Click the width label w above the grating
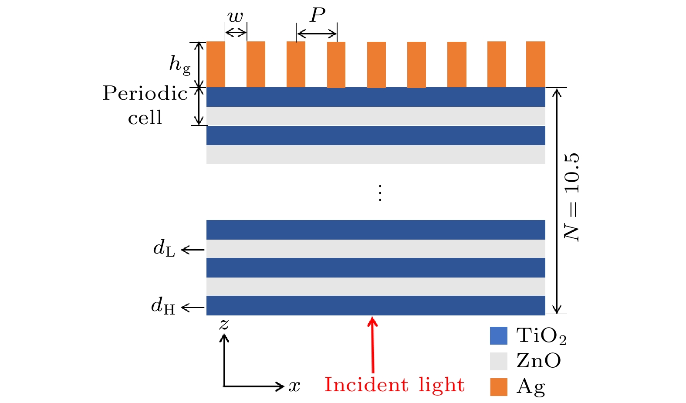coord(235,17)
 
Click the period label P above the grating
coord(318,16)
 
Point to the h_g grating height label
coord(180,65)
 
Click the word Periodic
coord(145,93)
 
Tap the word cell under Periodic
coord(145,118)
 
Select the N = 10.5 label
coord(572,197)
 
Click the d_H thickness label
coord(163,306)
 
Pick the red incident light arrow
coord(372,344)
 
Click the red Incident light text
coord(394,385)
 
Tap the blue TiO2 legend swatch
coord(499,336)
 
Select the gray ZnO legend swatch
coord(499,361)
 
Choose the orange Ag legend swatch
coord(499,387)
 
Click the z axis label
coord(224,324)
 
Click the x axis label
coord(294,386)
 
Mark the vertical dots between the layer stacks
coord(380,193)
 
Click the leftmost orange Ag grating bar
coord(216,64)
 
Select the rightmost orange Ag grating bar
coord(536,64)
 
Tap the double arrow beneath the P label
coord(317,34)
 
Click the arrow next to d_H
coord(193,308)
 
